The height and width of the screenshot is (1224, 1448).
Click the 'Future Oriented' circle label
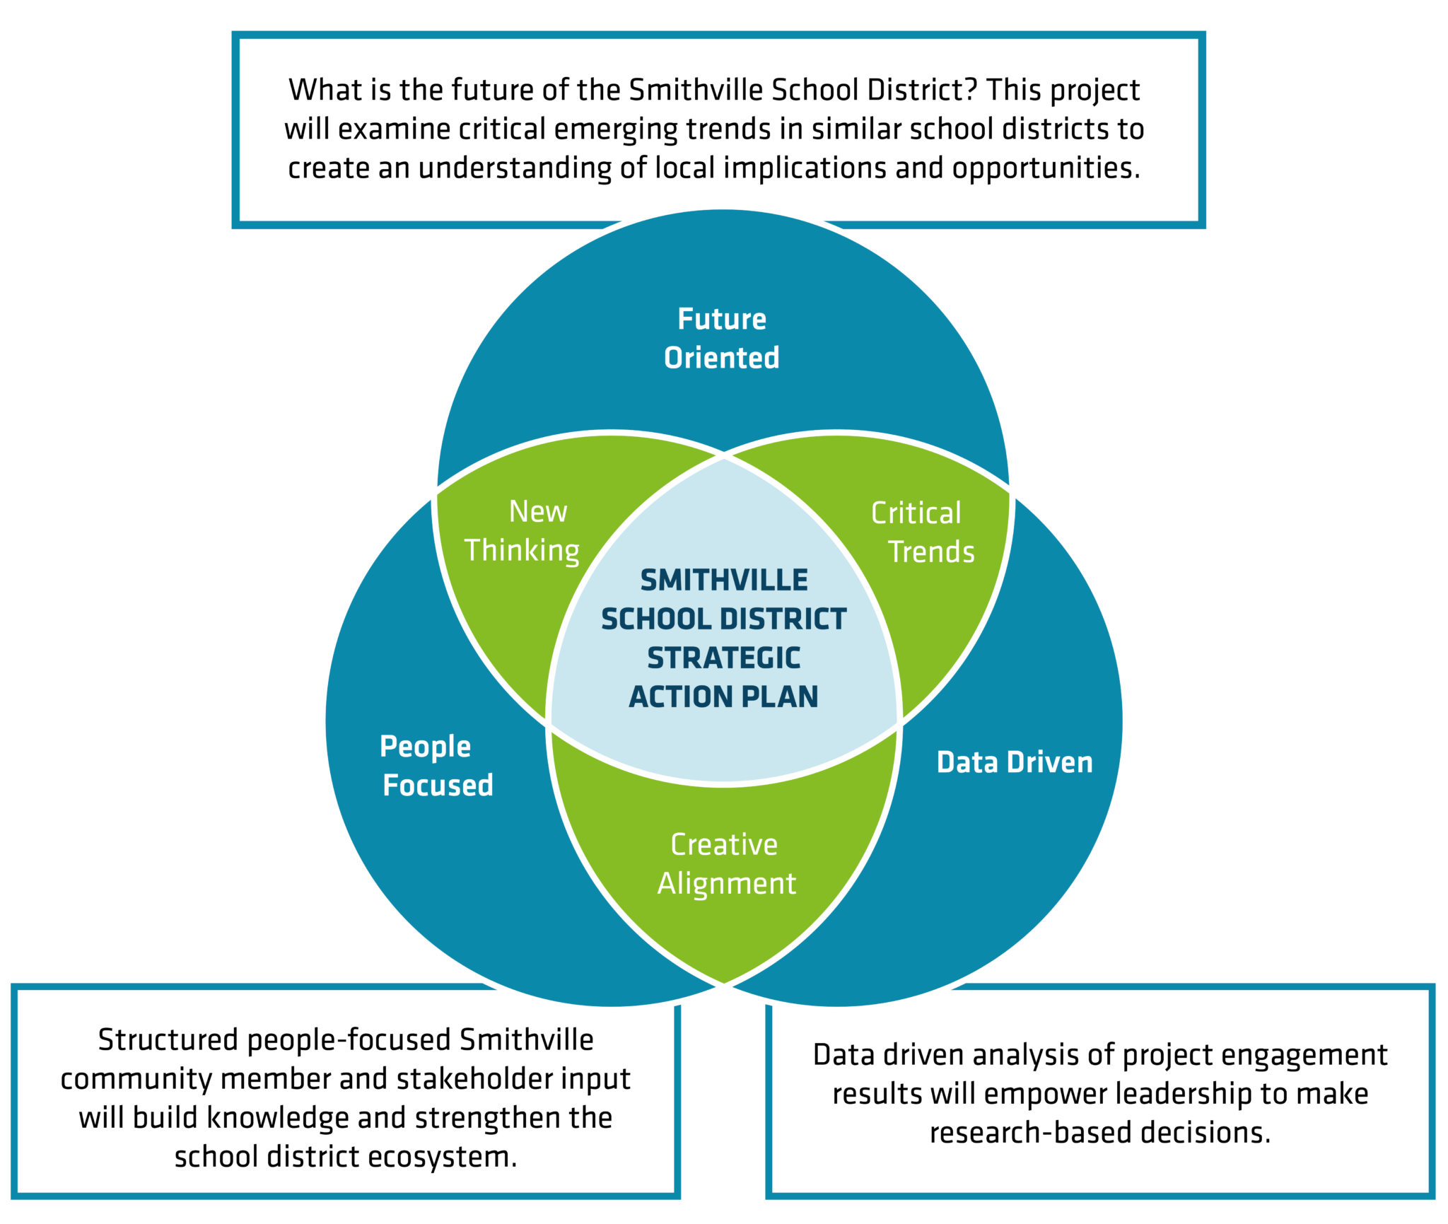pos(722,338)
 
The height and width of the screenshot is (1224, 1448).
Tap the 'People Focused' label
pos(436,766)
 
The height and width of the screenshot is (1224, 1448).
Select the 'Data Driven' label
pos(1015,762)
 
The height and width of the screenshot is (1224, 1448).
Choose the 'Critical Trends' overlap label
pos(923,532)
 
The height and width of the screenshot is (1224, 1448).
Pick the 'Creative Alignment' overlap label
pos(726,864)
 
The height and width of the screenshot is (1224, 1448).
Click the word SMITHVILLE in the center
pos(724,581)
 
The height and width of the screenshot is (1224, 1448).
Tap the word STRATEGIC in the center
pos(724,658)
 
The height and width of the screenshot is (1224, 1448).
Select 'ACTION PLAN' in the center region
pos(724,697)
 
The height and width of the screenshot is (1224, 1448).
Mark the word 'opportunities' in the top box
pos(1045,169)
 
